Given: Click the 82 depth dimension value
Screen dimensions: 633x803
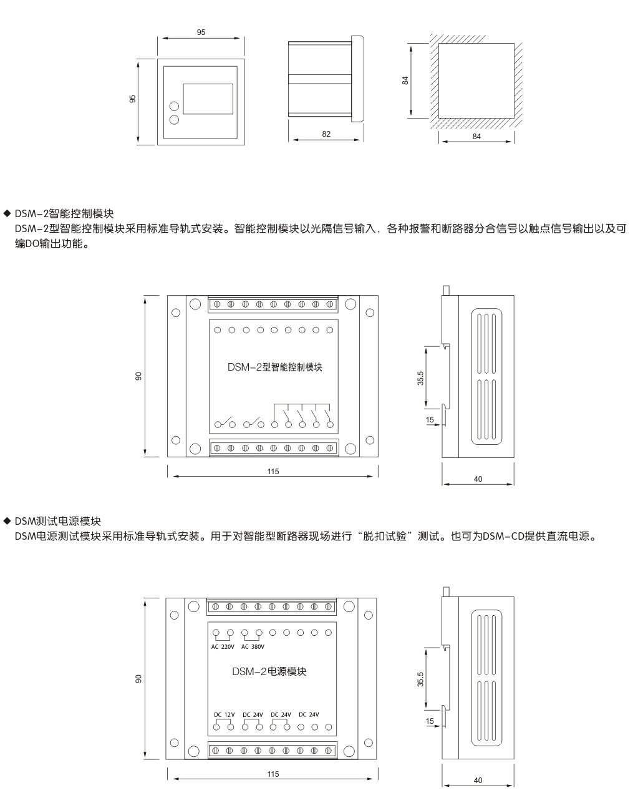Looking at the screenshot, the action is (x=326, y=134).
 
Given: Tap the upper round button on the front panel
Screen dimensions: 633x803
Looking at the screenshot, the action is (x=174, y=106).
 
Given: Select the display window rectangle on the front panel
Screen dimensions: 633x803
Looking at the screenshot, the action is (x=208, y=99).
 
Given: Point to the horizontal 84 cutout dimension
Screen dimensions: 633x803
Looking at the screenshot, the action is (x=476, y=137).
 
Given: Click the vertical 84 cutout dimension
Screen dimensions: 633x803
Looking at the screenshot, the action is (x=405, y=80).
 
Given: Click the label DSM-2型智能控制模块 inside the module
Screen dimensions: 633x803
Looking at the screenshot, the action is (x=275, y=367).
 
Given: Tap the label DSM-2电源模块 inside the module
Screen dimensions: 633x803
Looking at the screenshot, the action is (x=269, y=671).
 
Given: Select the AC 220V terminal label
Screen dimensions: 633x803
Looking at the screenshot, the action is (x=223, y=646).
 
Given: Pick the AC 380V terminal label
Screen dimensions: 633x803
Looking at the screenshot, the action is (x=253, y=646).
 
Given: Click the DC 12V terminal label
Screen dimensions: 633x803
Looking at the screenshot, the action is (x=224, y=714).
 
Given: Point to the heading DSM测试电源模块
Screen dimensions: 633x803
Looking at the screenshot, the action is (x=58, y=521).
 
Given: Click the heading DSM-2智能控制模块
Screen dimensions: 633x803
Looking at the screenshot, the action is (x=64, y=213).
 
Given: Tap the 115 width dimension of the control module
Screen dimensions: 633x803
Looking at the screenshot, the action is (x=273, y=472).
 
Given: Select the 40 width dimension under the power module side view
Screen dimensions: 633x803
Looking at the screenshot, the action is (x=478, y=781).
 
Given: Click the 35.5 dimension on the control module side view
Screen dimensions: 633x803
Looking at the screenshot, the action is (x=420, y=378).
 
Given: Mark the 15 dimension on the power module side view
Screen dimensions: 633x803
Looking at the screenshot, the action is (x=430, y=721).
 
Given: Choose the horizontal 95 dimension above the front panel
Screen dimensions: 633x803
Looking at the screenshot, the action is (x=201, y=32).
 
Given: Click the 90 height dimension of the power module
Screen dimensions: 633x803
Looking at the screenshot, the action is (x=138, y=679).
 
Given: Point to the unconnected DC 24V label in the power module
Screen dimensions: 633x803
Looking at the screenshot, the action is (x=309, y=714).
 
